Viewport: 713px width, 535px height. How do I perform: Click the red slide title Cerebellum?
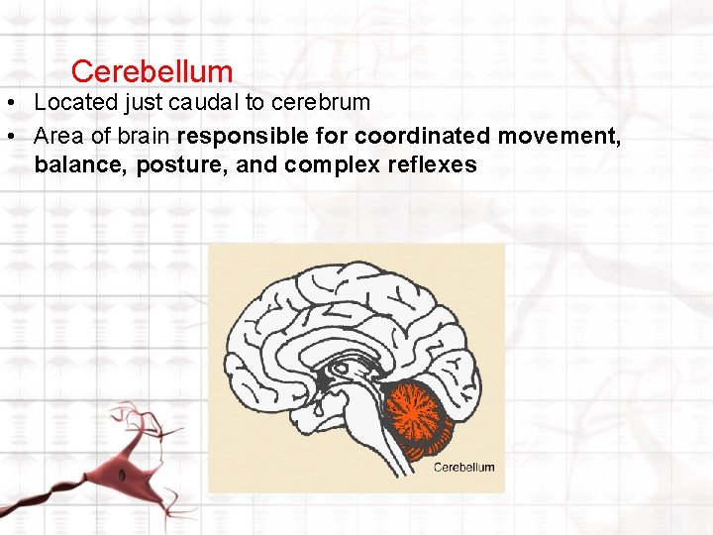tap(153, 71)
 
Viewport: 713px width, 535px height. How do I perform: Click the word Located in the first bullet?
tap(75, 102)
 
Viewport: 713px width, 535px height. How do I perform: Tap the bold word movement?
tap(560, 135)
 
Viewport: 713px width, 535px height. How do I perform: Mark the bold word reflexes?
tap(432, 164)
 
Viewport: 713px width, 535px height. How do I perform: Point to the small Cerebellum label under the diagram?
tap(463, 467)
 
